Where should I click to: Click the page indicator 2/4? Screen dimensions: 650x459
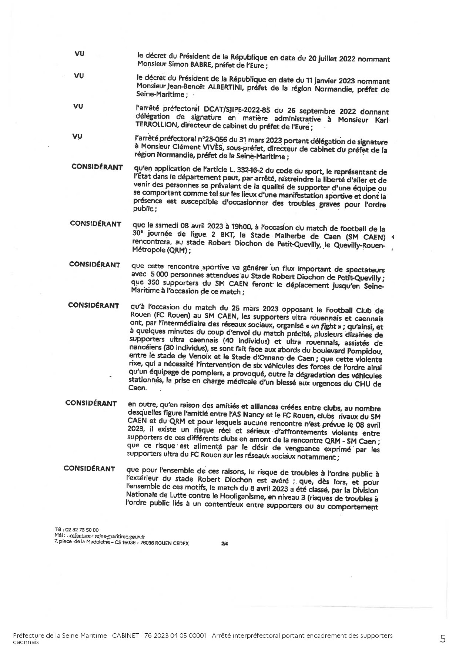click(224, 544)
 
